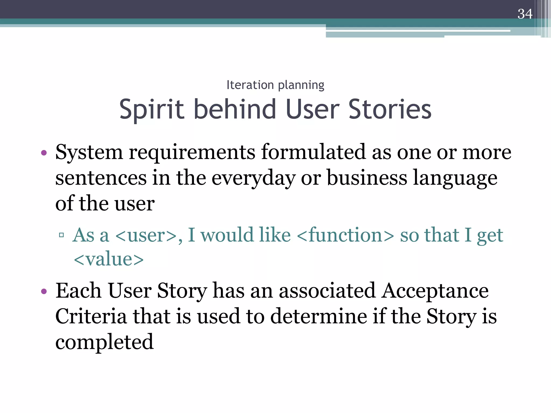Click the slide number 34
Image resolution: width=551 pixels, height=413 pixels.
click(x=525, y=14)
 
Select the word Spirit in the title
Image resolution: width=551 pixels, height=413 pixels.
click(x=151, y=109)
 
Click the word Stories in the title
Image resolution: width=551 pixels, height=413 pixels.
click(x=390, y=109)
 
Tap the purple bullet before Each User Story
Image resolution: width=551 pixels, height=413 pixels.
click(x=44, y=291)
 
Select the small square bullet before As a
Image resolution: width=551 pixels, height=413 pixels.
click(x=61, y=235)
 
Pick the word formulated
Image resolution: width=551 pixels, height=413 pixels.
click(x=313, y=152)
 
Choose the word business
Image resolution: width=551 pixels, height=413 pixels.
click(x=367, y=178)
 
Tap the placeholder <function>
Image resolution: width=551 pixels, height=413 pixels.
click(x=345, y=235)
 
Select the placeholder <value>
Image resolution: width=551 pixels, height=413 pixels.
click(x=109, y=259)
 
